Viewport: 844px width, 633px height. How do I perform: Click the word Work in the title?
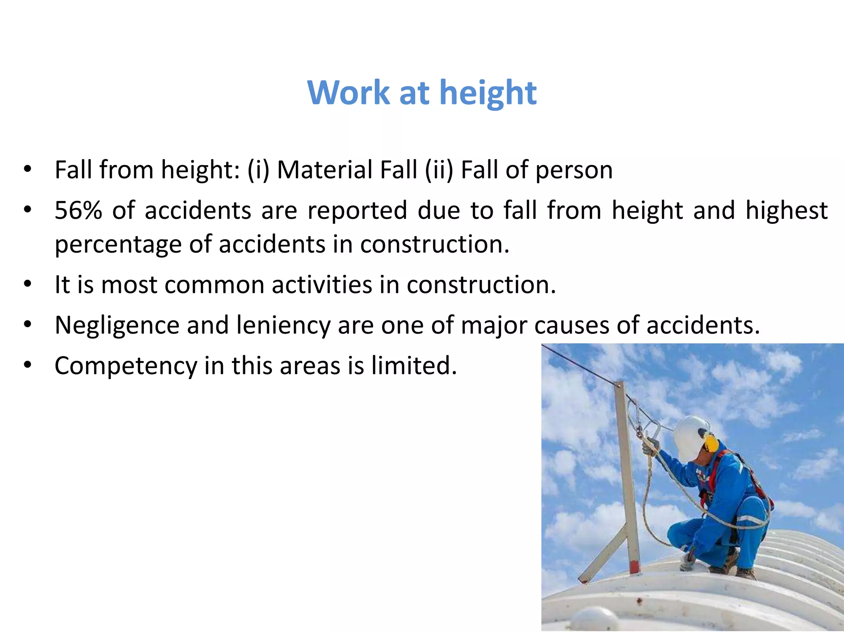[x=349, y=92]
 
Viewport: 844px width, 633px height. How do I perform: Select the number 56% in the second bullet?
[x=78, y=211]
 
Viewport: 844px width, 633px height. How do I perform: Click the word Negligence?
[x=117, y=326]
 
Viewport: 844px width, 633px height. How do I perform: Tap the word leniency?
[x=283, y=326]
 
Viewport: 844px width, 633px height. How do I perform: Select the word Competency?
[x=126, y=366]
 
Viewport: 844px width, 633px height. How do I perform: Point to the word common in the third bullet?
[x=214, y=285]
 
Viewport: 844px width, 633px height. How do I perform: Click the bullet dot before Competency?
[x=28, y=365]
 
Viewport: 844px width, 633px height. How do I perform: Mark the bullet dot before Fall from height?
[x=28, y=169]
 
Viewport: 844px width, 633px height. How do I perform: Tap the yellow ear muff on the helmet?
[x=711, y=443]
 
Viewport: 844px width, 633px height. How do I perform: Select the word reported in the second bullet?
[x=357, y=211]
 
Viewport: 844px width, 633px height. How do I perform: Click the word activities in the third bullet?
[x=322, y=285]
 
